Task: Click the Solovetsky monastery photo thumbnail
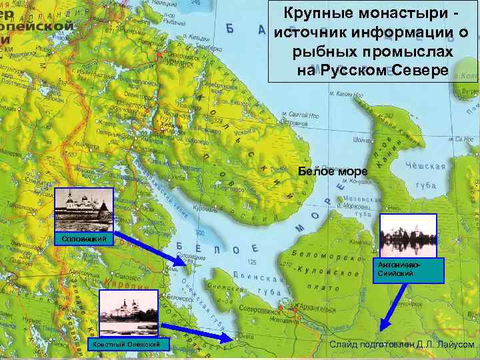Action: click(x=85, y=209)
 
